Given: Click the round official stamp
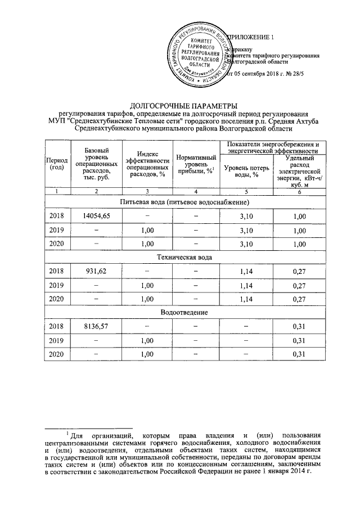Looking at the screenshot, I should point(195,57).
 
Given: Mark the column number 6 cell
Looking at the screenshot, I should point(300,193).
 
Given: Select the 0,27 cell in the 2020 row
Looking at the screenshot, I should point(300,299).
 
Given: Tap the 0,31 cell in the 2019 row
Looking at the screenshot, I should point(300,340).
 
